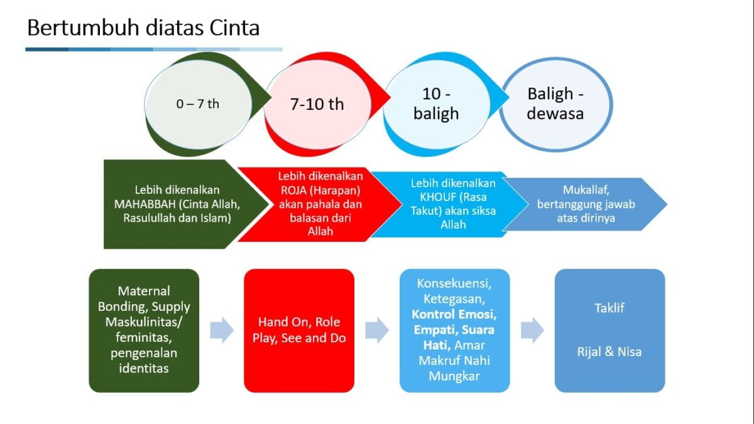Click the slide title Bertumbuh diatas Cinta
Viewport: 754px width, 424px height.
[143, 28]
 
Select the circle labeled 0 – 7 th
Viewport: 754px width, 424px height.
[197, 104]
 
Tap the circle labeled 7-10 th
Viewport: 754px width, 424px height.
[317, 104]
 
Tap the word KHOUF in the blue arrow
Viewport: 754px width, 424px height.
[430, 197]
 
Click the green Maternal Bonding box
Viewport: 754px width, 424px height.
[144, 330]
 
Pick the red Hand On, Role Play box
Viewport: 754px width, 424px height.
[299, 330]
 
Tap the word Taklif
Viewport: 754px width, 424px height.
[609, 308]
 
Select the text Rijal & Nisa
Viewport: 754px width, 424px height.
[609, 352]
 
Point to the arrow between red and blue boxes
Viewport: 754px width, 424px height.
[377, 330]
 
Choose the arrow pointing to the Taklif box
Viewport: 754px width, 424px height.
[532, 330]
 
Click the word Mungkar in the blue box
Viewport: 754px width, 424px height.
[454, 376]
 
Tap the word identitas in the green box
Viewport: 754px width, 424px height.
[144, 368]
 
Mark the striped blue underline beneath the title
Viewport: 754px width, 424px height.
[153, 49]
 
